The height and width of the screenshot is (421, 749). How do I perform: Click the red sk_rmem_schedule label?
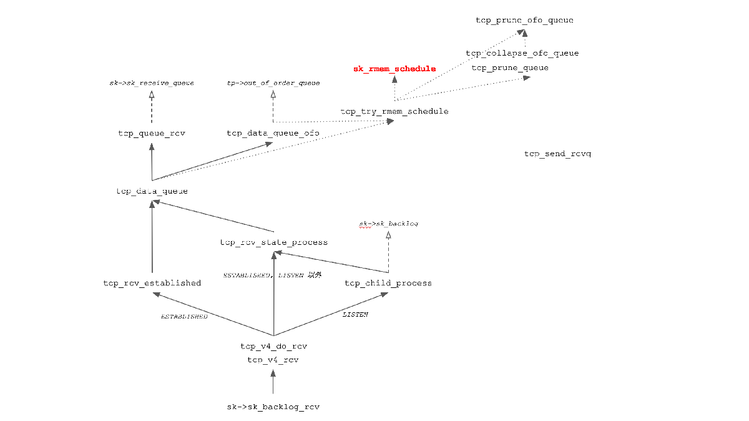point(394,69)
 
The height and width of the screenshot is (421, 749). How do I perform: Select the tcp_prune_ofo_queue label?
point(524,21)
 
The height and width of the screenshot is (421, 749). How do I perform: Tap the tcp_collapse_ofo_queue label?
point(522,53)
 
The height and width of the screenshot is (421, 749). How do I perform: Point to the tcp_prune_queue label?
point(510,67)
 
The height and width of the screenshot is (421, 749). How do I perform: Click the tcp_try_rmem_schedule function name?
point(394,111)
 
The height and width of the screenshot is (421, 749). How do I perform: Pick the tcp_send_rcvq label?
point(557,154)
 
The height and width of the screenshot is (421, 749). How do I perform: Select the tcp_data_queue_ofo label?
point(273,133)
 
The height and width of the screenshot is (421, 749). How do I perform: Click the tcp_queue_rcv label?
point(152,133)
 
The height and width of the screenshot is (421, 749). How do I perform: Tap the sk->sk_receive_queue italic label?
point(152,83)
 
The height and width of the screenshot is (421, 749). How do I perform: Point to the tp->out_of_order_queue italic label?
point(273,83)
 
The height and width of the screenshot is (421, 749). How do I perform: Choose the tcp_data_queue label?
point(152,191)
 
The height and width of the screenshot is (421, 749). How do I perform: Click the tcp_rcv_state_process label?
point(273,242)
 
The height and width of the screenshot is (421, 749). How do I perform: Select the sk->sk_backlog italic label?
point(388,223)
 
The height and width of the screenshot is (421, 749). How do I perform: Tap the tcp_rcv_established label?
point(152,283)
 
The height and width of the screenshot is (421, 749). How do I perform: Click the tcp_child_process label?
point(388,283)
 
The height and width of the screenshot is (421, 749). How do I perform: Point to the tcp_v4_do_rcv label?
point(273,346)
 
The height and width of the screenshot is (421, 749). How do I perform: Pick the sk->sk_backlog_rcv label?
point(273,407)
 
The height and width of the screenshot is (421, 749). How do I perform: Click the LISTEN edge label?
point(355,314)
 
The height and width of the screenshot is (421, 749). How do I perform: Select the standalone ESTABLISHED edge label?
point(184,317)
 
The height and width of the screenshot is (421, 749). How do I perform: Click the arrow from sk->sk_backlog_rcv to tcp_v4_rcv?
point(273,382)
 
